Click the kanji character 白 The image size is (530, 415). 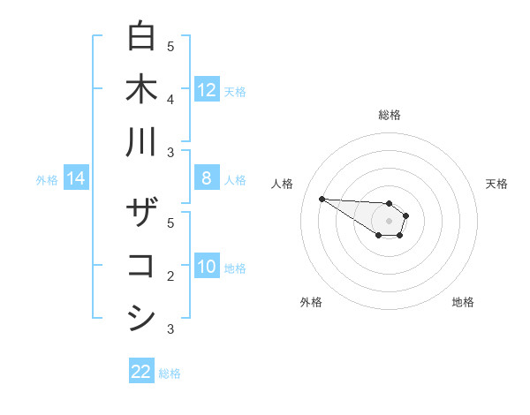141,36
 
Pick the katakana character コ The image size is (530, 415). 141,266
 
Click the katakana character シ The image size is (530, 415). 141,318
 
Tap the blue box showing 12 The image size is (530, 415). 207,90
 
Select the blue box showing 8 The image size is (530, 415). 207,178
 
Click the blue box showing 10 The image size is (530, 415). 207,268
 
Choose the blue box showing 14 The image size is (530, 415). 76,179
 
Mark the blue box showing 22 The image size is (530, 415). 141,372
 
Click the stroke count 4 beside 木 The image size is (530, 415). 170,99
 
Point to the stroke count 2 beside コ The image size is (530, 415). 170,276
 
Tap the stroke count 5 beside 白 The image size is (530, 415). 170,46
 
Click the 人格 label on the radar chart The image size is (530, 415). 283,184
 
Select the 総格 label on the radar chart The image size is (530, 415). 389,115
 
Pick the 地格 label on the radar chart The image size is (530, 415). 463,302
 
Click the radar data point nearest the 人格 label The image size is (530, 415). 322,199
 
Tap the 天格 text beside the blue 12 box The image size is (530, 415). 235,91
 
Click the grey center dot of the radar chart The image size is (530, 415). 389,221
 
